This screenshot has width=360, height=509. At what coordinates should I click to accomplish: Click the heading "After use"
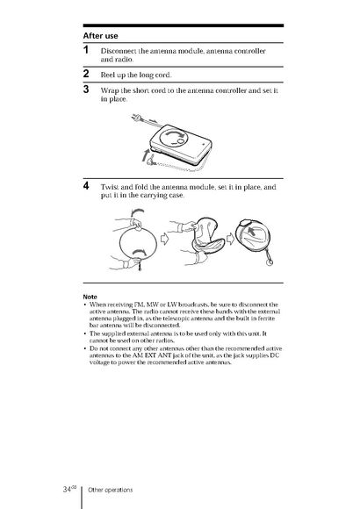pyautogui.click(x=100, y=36)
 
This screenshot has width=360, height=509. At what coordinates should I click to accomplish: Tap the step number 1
pyautogui.click(x=86, y=50)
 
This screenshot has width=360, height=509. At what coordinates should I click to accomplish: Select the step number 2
pyautogui.click(x=86, y=74)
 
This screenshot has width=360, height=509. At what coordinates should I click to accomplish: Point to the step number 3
pyautogui.click(x=86, y=89)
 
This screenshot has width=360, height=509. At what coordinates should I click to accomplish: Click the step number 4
pyautogui.click(x=86, y=186)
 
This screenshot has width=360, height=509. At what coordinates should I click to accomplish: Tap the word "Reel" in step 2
pyautogui.click(x=107, y=75)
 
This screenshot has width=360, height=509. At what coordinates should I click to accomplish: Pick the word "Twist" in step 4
pyautogui.click(x=110, y=187)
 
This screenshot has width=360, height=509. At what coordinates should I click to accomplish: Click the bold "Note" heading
pyautogui.click(x=90, y=297)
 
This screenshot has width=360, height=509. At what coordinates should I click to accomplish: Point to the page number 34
pyautogui.click(x=68, y=489)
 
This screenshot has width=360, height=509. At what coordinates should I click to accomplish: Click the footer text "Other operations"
pyautogui.click(x=111, y=490)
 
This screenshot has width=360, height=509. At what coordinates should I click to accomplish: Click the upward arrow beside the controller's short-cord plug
pyautogui.click(x=146, y=155)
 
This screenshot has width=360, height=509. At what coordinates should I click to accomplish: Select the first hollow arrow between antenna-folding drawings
pyautogui.click(x=165, y=240)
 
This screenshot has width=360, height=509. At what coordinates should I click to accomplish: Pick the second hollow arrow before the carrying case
pyautogui.click(x=230, y=240)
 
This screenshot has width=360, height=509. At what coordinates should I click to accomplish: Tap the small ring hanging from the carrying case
pyautogui.click(x=270, y=261)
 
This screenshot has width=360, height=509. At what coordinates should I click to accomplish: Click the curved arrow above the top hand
pyautogui.click(x=137, y=212)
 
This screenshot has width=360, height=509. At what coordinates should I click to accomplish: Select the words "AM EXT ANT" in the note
pyautogui.click(x=153, y=355)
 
